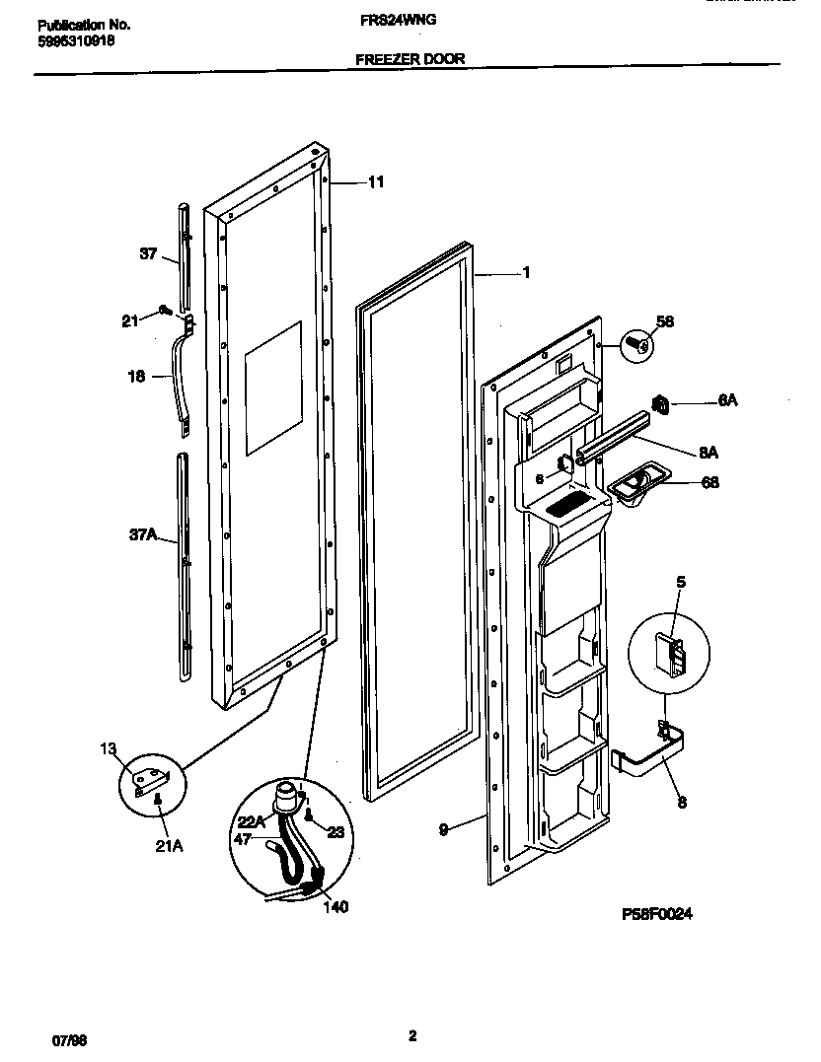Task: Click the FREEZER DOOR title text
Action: pyautogui.click(x=410, y=59)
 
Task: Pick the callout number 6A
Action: pyautogui.click(x=727, y=400)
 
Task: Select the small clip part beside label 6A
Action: pyautogui.click(x=662, y=402)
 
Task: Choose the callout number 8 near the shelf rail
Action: pyautogui.click(x=681, y=803)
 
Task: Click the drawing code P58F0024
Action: pyautogui.click(x=657, y=914)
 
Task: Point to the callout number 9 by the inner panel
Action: pyautogui.click(x=444, y=830)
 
